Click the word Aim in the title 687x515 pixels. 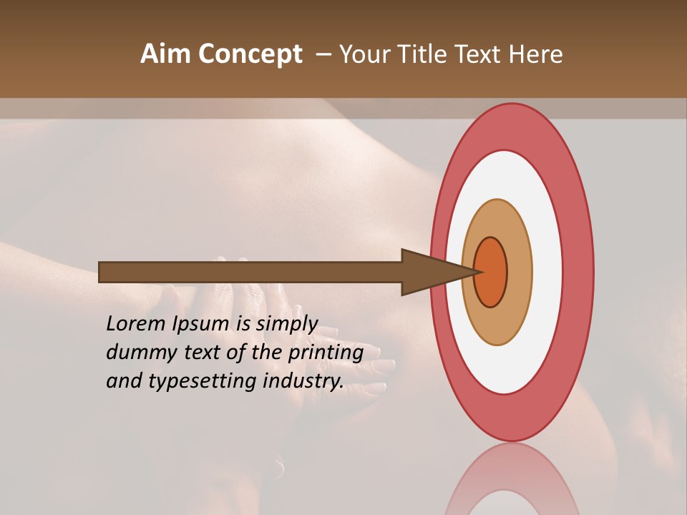(x=165, y=54)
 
